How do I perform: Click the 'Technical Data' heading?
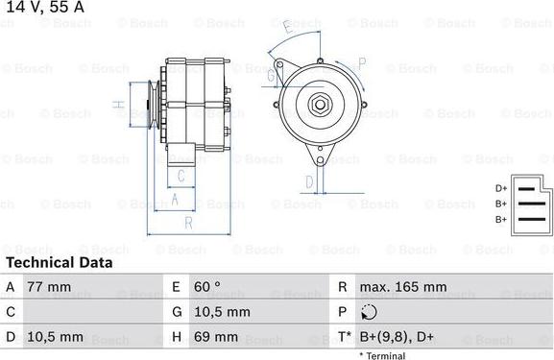coord(60,262)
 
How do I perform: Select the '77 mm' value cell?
coord(50,287)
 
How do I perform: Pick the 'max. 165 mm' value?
coord(403,287)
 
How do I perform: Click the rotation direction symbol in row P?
coord(372,312)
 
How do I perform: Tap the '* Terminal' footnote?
coord(382,355)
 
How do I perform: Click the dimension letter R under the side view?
coord(188,223)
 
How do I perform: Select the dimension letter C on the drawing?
coord(180,176)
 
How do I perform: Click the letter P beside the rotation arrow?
coord(362,62)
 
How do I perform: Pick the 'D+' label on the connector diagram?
coord(501,188)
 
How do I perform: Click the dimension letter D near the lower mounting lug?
coord(309,180)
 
